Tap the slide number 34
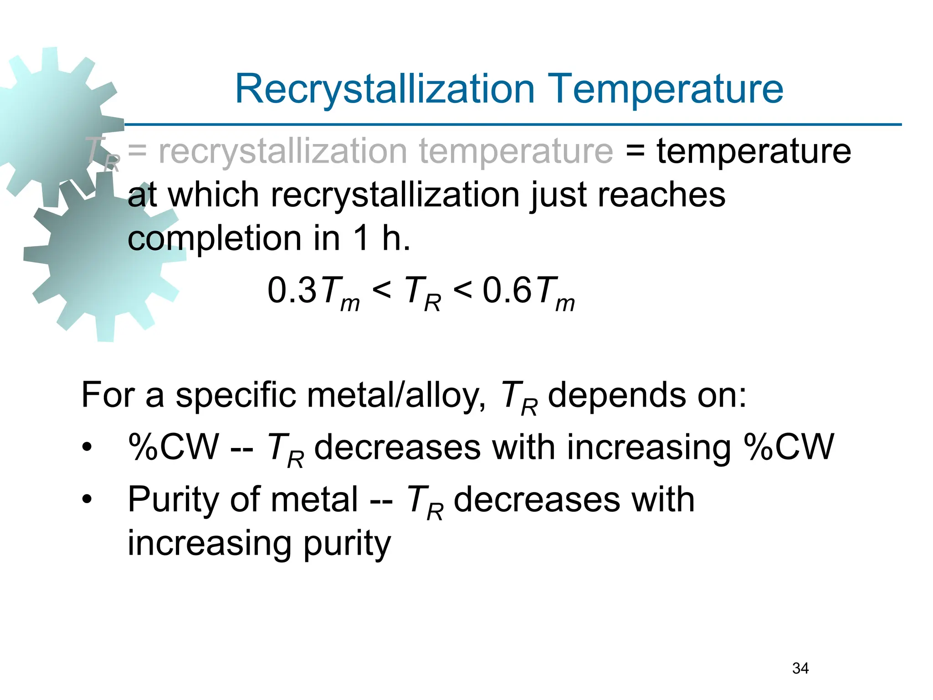coord(800,668)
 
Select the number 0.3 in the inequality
coord(292,290)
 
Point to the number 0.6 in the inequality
coord(507,290)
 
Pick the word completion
coord(214,239)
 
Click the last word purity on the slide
coord(347,544)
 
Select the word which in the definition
coord(214,195)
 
